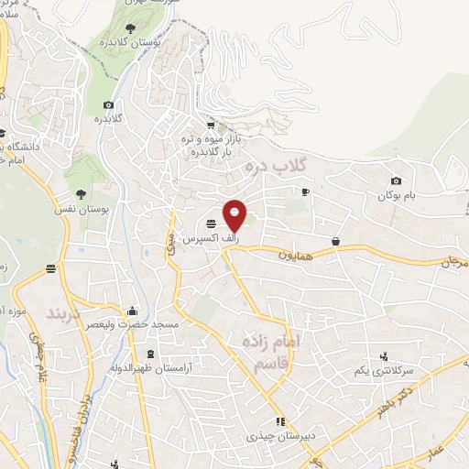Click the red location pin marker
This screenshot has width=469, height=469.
pos(235,214)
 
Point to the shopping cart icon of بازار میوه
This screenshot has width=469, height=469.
pos(211,125)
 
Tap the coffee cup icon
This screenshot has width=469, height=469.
pos(306,191)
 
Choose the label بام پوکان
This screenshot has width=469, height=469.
pos(397,196)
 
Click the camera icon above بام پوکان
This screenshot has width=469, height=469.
pos(396,181)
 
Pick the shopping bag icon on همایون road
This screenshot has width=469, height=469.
pos(336,241)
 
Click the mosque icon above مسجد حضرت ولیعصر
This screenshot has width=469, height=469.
pos(134,310)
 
